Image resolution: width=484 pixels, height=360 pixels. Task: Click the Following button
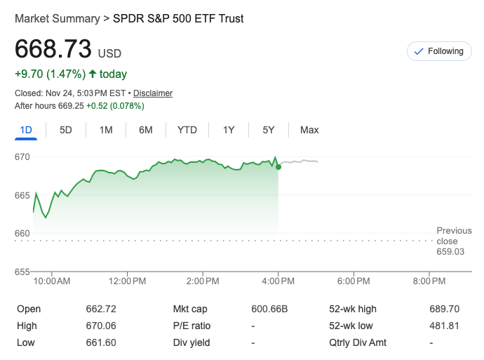439,51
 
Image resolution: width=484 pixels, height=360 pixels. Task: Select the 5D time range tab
65,130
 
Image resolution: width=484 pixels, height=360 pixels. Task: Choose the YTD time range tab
187,130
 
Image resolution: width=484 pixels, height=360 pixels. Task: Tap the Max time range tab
309,130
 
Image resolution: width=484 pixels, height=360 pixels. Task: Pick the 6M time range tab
146,130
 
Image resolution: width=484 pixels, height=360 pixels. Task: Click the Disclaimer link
153,93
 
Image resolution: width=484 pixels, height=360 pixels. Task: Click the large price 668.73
53,49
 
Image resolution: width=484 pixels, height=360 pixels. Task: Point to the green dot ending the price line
278,166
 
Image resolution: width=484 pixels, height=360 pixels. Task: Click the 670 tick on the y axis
22,156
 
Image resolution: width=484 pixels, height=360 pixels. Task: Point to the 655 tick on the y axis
22,272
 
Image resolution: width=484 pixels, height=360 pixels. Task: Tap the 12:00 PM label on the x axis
128,281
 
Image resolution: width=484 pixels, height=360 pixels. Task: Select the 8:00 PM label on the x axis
429,281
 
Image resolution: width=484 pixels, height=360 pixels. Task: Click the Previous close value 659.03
450,251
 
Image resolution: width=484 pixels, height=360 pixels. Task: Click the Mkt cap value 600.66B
269,309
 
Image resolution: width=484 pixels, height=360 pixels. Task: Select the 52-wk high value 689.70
444,309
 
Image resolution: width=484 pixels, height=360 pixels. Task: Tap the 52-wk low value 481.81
444,326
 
